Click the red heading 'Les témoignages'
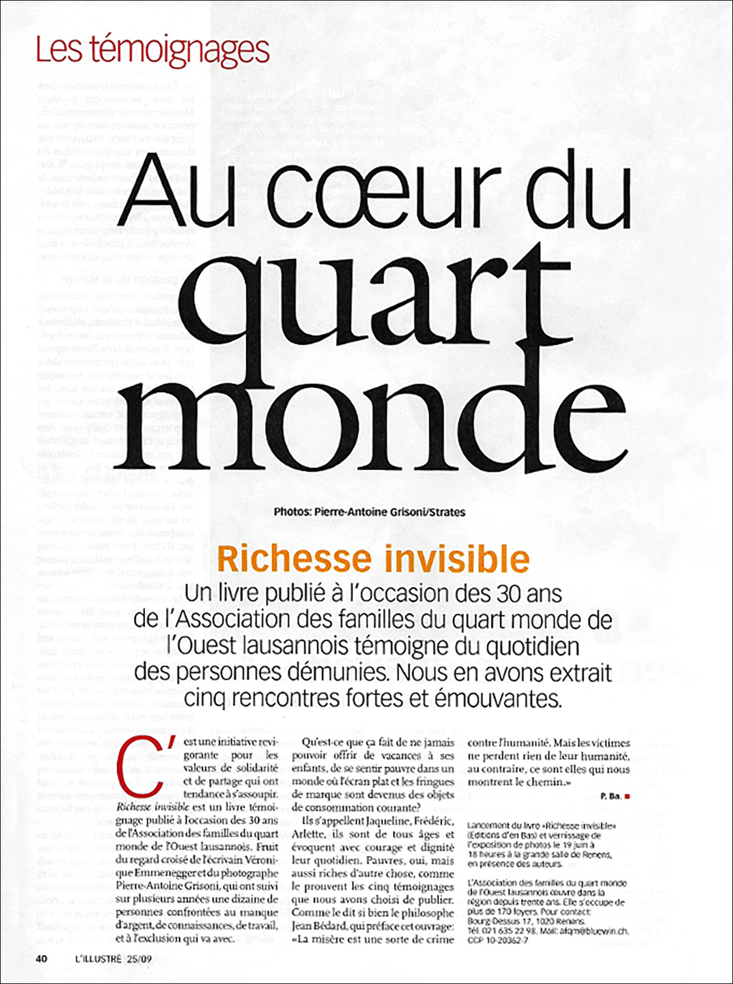point(152,51)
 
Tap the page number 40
point(42,958)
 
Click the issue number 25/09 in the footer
point(140,958)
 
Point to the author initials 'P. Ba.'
point(609,796)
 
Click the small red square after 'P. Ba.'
point(626,796)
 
